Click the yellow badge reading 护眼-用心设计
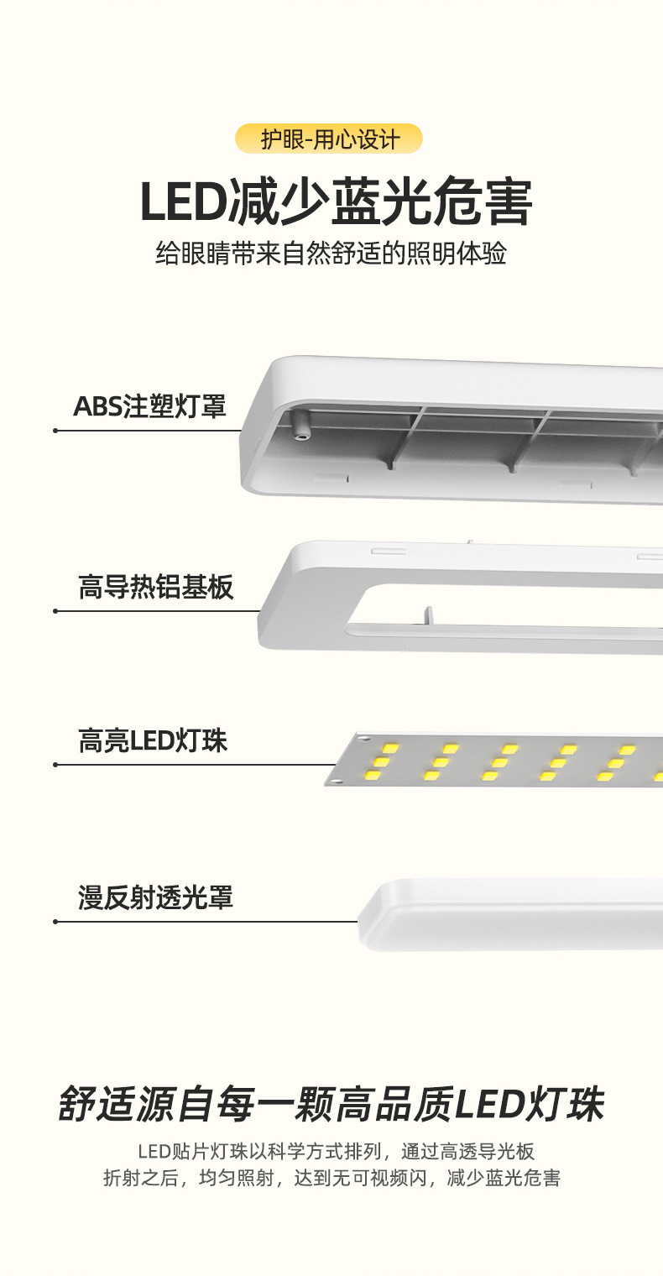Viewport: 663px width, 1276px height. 329,139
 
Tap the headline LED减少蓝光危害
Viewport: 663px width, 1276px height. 336,201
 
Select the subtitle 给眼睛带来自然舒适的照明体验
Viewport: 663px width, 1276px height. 331,254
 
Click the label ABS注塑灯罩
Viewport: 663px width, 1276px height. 149,407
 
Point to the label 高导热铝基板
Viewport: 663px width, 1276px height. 155,587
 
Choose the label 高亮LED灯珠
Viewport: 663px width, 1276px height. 153,741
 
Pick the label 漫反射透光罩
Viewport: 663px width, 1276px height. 155,897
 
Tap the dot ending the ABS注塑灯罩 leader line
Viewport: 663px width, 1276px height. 55,431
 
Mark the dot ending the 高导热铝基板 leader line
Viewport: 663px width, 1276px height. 55,611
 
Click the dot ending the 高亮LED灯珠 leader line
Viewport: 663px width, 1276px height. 55,765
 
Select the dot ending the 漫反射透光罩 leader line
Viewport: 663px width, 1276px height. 55,922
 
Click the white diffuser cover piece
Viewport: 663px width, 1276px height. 512,915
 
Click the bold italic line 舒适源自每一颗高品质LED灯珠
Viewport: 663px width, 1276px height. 331,1105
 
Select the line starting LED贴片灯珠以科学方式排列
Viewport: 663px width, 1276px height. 336,1152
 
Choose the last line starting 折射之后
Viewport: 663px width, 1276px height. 331,1179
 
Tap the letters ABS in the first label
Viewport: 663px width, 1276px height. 97,407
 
